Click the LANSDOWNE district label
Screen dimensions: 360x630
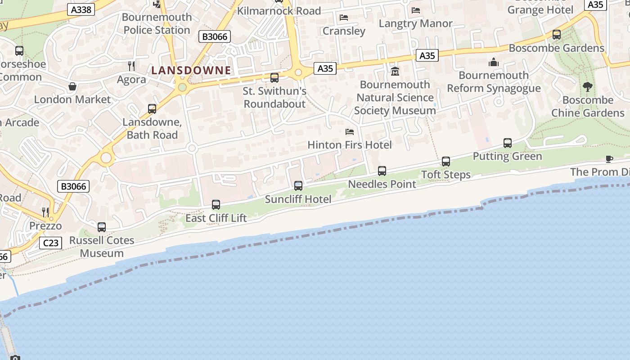191,70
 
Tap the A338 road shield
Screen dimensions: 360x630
81,9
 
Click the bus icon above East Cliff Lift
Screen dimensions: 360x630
216,205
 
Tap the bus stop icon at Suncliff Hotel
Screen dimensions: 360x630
298,185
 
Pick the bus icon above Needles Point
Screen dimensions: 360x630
382,171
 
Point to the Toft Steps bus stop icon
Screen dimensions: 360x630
446,161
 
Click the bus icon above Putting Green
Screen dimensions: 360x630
508,143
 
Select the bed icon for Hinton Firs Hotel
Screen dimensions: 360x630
350,132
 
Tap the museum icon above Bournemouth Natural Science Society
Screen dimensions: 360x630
395,71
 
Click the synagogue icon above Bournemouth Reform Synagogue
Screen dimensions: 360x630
494,62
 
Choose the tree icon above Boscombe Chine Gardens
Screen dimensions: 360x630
587,87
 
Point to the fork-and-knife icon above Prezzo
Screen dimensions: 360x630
45,212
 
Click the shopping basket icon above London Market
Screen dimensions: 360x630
72,86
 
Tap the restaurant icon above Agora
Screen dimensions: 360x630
131,66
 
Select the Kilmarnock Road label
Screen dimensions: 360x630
279,11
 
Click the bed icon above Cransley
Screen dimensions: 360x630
344,18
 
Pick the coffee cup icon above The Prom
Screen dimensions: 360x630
609,158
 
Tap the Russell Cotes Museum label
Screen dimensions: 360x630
102,247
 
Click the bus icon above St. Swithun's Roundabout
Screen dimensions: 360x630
274,78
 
